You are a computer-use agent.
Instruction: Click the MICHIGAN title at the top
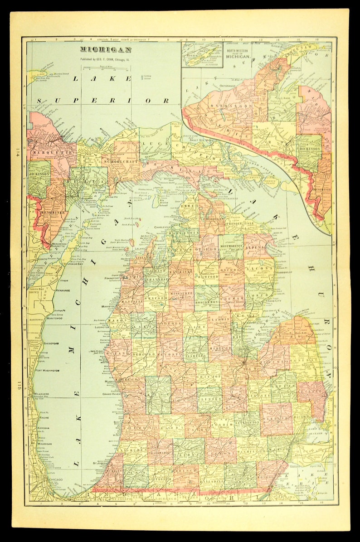106,50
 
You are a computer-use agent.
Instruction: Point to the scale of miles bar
106,68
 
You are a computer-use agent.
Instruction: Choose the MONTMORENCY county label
232,247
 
